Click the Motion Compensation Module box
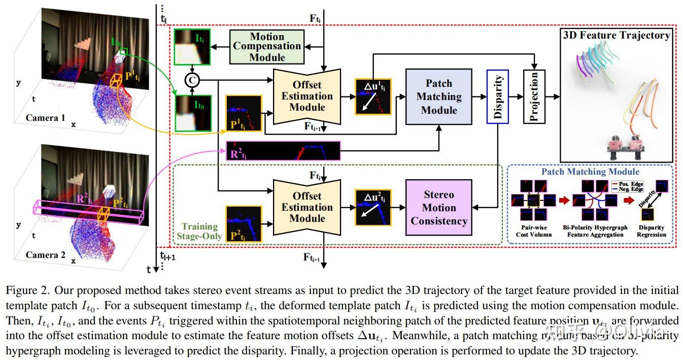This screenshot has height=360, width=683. click(x=267, y=46)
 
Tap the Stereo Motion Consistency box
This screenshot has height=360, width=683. click(x=439, y=207)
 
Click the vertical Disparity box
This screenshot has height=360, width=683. click(x=497, y=96)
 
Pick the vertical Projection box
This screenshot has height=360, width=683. click(x=534, y=96)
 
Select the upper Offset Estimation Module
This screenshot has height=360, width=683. click(x=307, y=96)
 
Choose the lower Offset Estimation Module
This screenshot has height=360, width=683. click(x=307, y=207)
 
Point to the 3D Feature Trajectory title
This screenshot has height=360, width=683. click(x=616, y=35)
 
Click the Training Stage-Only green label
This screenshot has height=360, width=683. click(x=199, y=231)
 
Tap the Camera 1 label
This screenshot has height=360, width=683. click(x=46, y=118)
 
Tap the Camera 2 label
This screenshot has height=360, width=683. click(x=46, y=255)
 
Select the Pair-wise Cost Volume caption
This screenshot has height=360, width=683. click(x=533, y=231)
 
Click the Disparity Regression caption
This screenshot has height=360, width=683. click(x=651, y=231)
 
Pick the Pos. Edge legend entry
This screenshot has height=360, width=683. click(x=627, y=183)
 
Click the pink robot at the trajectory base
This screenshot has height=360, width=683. click(x=617, y=144)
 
